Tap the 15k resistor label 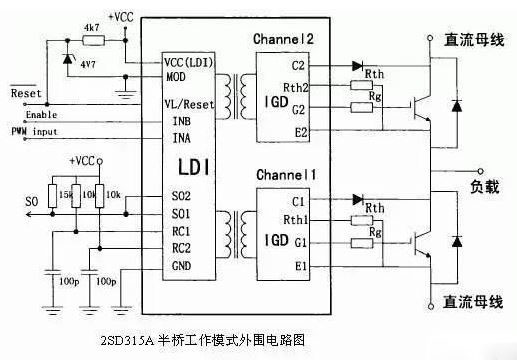66,193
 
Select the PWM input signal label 34,131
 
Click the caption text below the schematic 204,340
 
